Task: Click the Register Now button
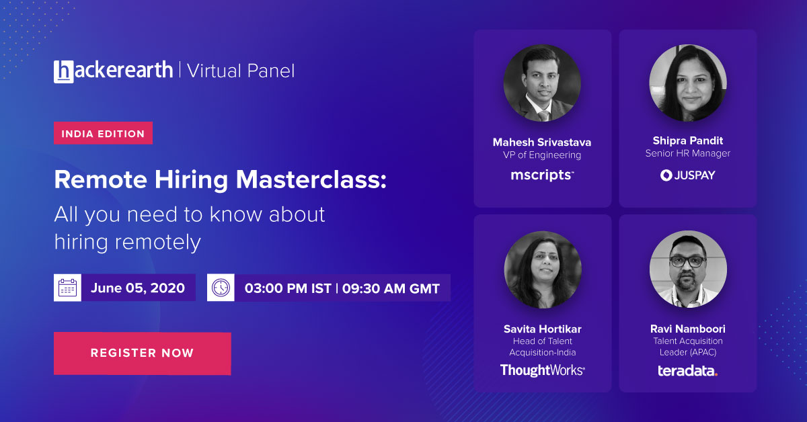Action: coord(142,353)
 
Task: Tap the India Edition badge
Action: coord(103,134)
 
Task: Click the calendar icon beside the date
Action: coord(67,288)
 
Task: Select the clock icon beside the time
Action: coord(221,288)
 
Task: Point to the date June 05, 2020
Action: coord(137,288)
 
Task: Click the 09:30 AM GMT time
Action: coord(391,288)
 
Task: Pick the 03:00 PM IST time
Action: coord(288,288)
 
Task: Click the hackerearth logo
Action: coord(113,71)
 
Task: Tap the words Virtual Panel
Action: coord(240,71)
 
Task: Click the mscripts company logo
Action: coord(542,175)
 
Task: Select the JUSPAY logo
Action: coord(687,175)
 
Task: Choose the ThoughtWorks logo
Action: coord(542,370)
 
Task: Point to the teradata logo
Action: coord(687,370)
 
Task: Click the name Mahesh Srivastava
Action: coord(542,142)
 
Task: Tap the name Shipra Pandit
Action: coord(687,140)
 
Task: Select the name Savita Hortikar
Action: coord(542,329)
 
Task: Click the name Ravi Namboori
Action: coord(687,329)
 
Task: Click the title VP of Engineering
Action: coord(542,155)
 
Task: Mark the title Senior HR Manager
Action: coord(687,153)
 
